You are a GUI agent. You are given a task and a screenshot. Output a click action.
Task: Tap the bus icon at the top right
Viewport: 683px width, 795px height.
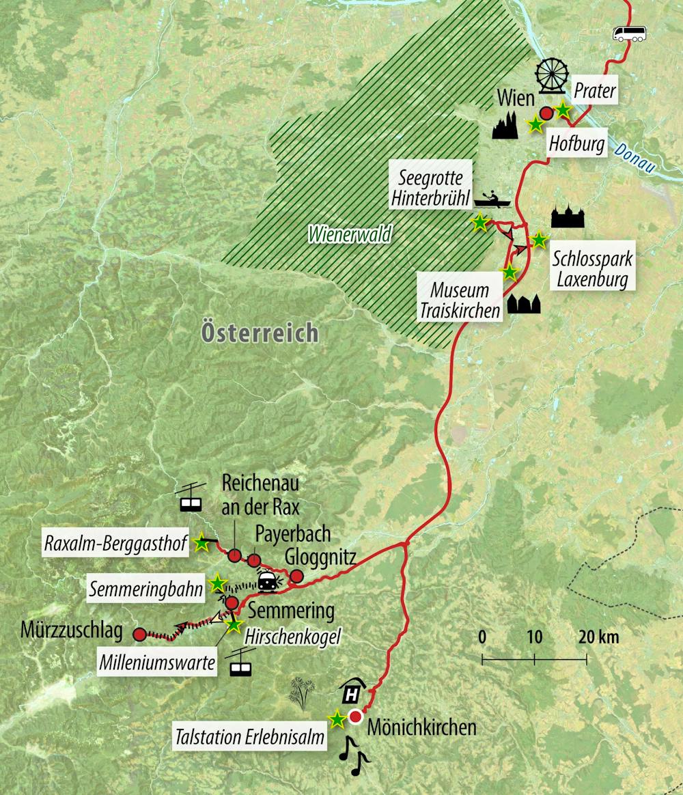click(x=628, y=33)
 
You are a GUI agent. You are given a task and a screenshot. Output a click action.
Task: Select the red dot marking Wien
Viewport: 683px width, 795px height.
click(x=546, y=113)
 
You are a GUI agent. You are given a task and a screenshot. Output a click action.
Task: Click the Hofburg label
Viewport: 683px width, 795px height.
click(x=577, y=145)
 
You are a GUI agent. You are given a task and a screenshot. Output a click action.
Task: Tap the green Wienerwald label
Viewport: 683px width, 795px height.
click(x=349, y=235)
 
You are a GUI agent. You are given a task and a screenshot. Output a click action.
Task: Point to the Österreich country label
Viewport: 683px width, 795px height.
click(x=260, y=333)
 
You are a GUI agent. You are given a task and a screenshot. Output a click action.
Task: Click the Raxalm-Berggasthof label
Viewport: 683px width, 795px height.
click(x=115, y=544)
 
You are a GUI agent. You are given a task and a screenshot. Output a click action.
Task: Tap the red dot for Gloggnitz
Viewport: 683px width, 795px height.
click(x=296, y=576)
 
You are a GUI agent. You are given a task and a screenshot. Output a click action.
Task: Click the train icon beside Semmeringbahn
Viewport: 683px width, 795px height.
click(x=268, y=582)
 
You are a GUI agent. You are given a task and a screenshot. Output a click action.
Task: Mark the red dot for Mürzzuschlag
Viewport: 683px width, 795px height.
click(x=139, y=634)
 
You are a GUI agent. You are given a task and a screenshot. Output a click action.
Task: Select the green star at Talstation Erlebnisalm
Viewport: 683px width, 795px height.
click(x=337, y=719)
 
